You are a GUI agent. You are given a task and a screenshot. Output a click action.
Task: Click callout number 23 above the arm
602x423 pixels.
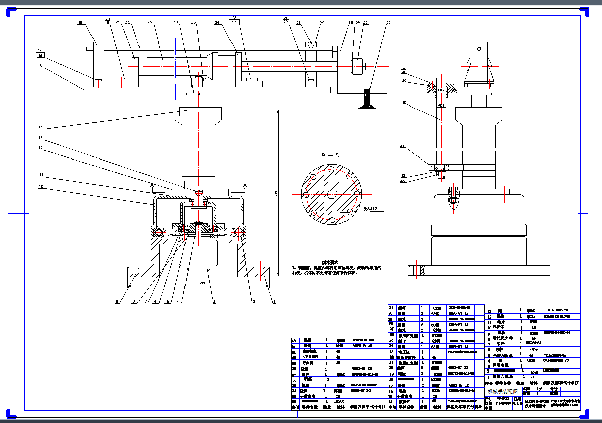149,22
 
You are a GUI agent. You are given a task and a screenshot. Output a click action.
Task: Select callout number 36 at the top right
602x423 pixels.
388,22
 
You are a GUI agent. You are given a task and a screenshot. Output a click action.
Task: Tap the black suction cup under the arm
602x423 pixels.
367,99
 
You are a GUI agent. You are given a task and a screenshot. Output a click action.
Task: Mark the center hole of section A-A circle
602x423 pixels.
331,194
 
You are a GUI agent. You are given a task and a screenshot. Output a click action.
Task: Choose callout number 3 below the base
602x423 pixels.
214,302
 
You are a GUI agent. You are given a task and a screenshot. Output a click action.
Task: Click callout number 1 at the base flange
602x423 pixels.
274,302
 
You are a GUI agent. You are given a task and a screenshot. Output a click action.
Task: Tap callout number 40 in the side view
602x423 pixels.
404,103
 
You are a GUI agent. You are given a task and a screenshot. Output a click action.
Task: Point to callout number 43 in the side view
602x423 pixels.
403,181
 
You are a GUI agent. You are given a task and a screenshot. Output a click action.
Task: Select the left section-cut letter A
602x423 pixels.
151,185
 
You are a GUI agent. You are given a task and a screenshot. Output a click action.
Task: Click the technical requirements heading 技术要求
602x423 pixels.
330,262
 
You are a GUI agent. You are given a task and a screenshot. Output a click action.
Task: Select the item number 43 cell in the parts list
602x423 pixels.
294,340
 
